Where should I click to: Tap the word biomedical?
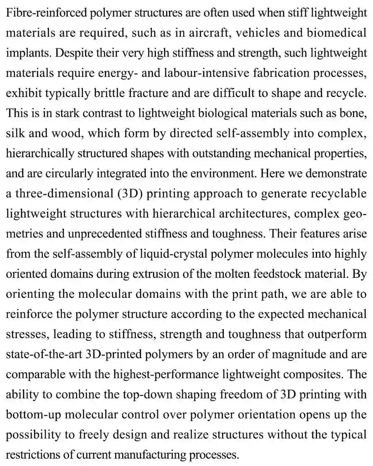point(336,33)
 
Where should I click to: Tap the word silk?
point(15,133)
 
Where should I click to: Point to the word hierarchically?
point(40,153)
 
